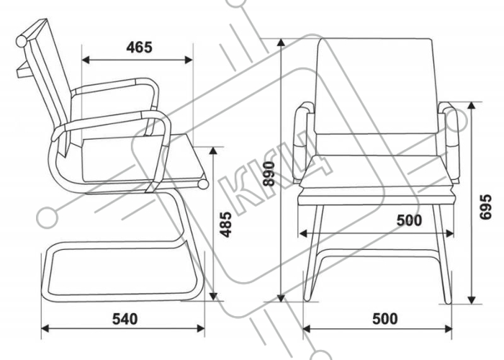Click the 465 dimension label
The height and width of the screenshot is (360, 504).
tap(139, 48)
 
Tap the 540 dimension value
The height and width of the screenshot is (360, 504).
tap(125, 319)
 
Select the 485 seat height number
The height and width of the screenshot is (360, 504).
tap(226, 225)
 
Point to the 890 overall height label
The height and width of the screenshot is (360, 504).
tap(269, 174)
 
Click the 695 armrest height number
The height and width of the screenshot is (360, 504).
tap(485, 207)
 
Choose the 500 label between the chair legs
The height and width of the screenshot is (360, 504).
tap(409, 220)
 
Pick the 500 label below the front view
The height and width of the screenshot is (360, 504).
tap(385, 319)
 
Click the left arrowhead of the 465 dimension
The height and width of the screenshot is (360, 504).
tap(86, 60)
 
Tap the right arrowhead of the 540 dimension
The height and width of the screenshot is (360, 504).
tap(201, 328)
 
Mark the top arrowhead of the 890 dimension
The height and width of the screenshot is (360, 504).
tap(282, 42)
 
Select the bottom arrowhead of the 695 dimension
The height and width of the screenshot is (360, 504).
tap(472, 300)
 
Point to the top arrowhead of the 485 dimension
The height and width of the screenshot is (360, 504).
tap(213, 151)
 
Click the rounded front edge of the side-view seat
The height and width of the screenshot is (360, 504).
tap(203, 184)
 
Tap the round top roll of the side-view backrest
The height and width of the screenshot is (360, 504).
tap(22, 41)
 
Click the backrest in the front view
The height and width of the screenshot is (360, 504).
tap(375, 86)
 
